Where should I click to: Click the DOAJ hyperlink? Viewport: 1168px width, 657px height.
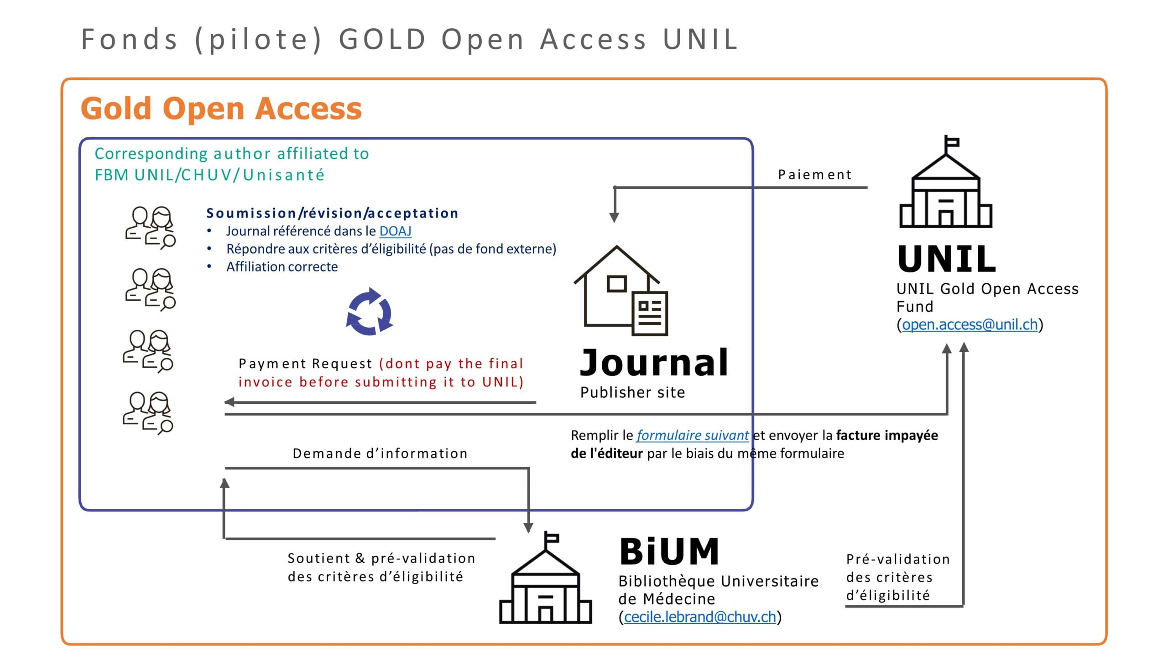[x=395, y=231]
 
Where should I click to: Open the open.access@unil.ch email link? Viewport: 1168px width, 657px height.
[x=970, y=324]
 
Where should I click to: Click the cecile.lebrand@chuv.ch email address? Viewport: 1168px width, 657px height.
[x=700, y=617]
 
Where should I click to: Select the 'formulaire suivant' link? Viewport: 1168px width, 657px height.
[x=693, y=435]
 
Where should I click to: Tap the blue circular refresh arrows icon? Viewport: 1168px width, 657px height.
[x=370, y=312]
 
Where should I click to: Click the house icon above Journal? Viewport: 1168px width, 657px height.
[x=620, y=291]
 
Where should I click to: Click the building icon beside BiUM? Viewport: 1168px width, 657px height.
[x=546, y=578]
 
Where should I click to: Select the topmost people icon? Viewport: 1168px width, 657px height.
[x=151, y=228]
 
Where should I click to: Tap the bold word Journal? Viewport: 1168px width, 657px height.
[x=654, y=362]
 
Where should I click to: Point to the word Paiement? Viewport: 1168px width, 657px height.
[x=815, y=175]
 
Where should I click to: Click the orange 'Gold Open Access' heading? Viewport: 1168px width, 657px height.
[x=221, y=109]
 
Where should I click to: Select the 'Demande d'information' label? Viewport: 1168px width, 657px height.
[x=380, y=453]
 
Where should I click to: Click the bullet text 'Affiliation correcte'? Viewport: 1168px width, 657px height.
[x=282, y=266]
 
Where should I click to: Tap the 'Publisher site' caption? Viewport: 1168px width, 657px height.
[x=633, y=392]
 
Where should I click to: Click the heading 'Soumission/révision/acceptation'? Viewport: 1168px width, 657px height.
[x=332, y=213]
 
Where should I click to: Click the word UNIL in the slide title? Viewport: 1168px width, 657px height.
[x=700, y=39]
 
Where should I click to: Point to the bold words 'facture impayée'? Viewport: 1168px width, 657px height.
[x=887, y=435]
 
